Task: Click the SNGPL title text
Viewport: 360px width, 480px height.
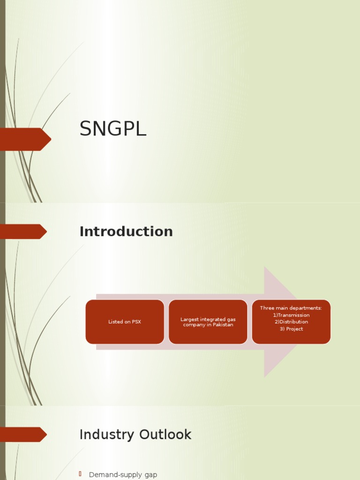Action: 113,129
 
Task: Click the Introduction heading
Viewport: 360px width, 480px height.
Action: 126,232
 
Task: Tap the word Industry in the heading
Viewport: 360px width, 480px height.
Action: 105,435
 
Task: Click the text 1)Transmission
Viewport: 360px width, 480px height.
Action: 291,315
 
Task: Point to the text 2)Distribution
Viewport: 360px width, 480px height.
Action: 291,322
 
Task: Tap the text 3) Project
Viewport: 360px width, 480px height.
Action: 291,329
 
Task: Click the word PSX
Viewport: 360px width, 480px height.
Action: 135,322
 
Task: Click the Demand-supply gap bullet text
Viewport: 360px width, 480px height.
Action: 123,475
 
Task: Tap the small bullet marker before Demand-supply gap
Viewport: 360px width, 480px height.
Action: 80,474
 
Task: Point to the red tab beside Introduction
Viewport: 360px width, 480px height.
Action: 23,232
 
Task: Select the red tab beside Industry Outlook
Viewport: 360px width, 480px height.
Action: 23,435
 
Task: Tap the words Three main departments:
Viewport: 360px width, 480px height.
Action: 291,308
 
